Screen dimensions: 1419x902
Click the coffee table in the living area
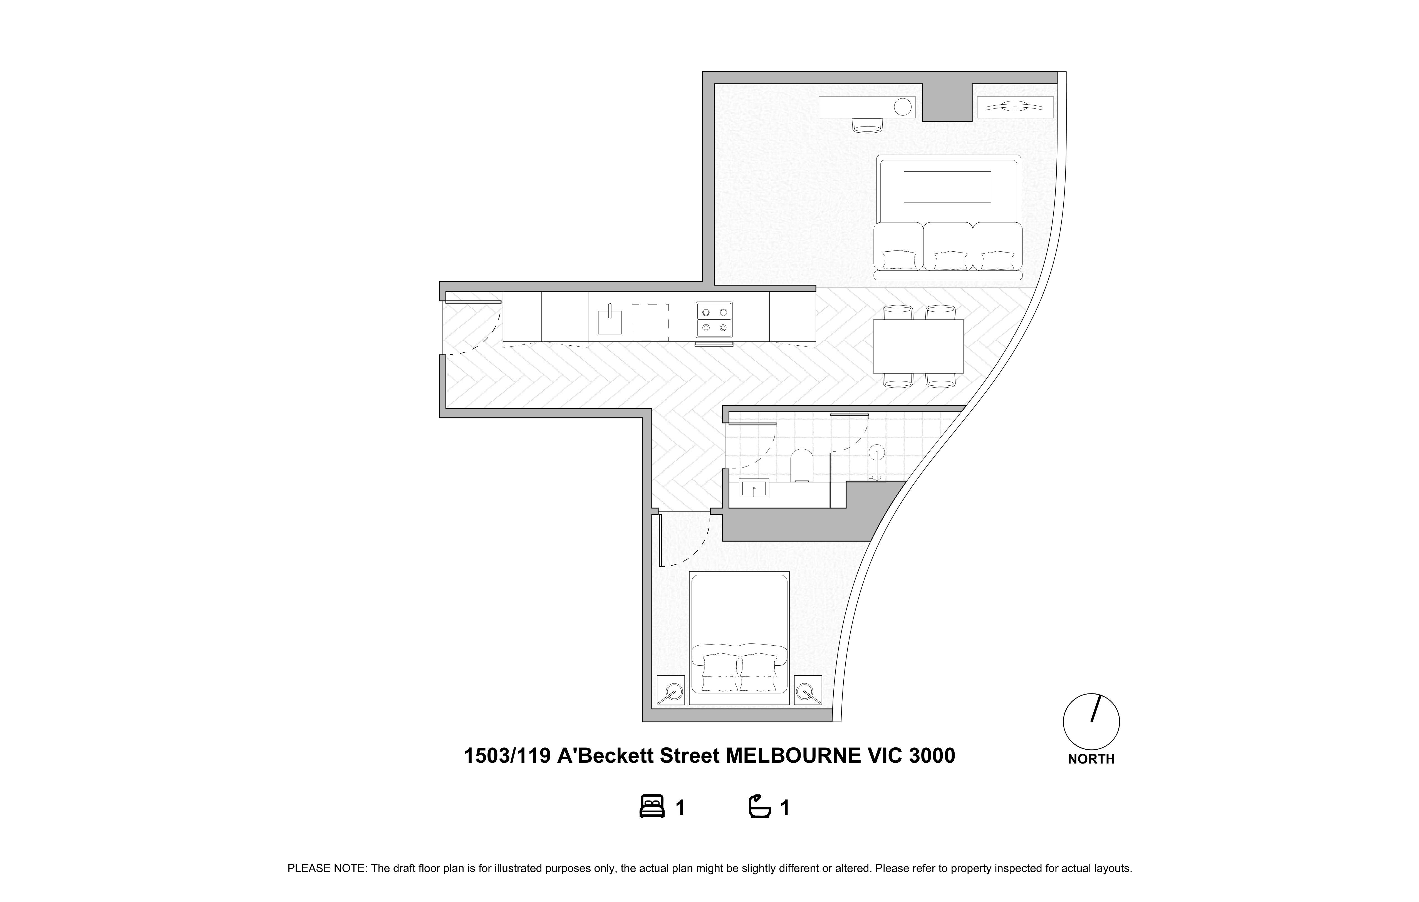947,187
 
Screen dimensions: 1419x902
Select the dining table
918,346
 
